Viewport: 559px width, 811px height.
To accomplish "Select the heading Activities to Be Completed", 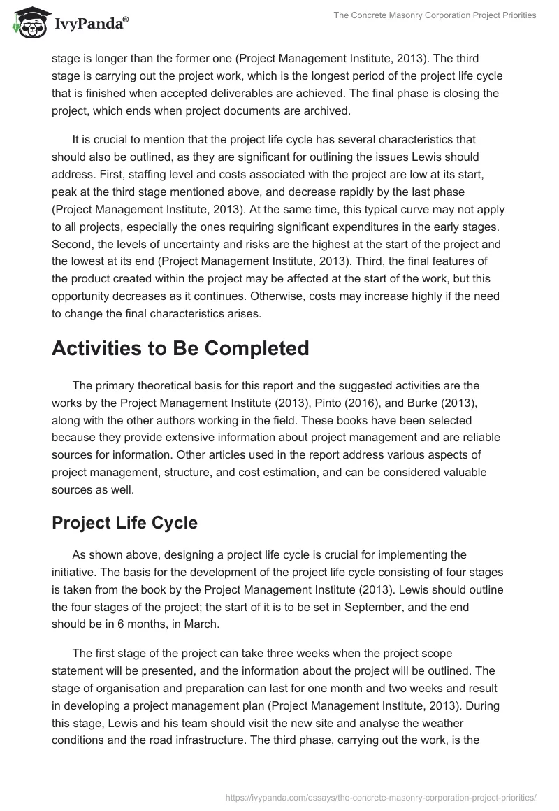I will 180,347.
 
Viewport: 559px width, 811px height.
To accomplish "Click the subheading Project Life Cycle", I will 124,524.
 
